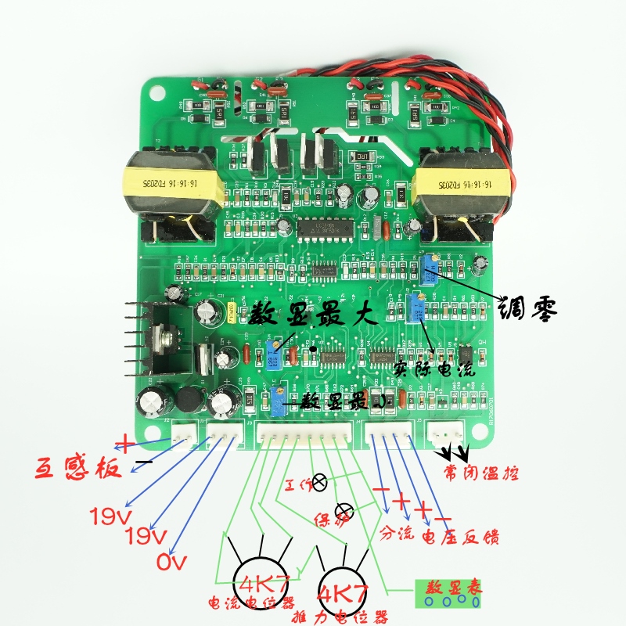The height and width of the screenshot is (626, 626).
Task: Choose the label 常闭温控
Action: tap(481, 473)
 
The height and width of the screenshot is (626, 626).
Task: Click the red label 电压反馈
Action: tap(461, 538)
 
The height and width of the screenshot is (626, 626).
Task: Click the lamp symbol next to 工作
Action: tap(319, 481)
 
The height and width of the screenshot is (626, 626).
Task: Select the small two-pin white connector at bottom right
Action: tap(447, 432)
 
